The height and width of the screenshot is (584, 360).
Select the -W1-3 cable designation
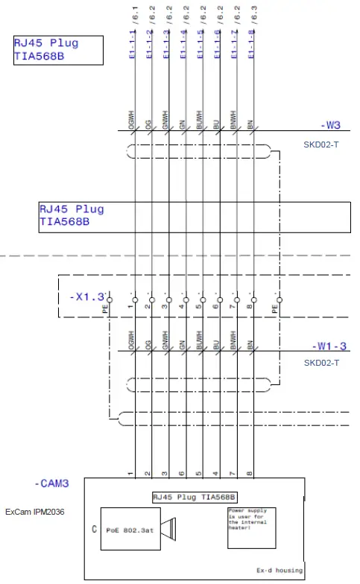tap(328, 346)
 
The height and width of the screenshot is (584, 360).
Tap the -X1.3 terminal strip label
tap(88, 296)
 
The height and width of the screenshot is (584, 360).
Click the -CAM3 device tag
tap(51, 483)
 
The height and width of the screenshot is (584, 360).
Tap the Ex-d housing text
tap(280, 571)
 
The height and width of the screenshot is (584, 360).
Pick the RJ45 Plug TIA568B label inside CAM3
tap(194, 497)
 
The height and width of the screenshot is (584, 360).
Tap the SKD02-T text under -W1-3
tap(321, 363)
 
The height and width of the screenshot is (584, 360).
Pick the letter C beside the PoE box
tap(93, 530)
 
